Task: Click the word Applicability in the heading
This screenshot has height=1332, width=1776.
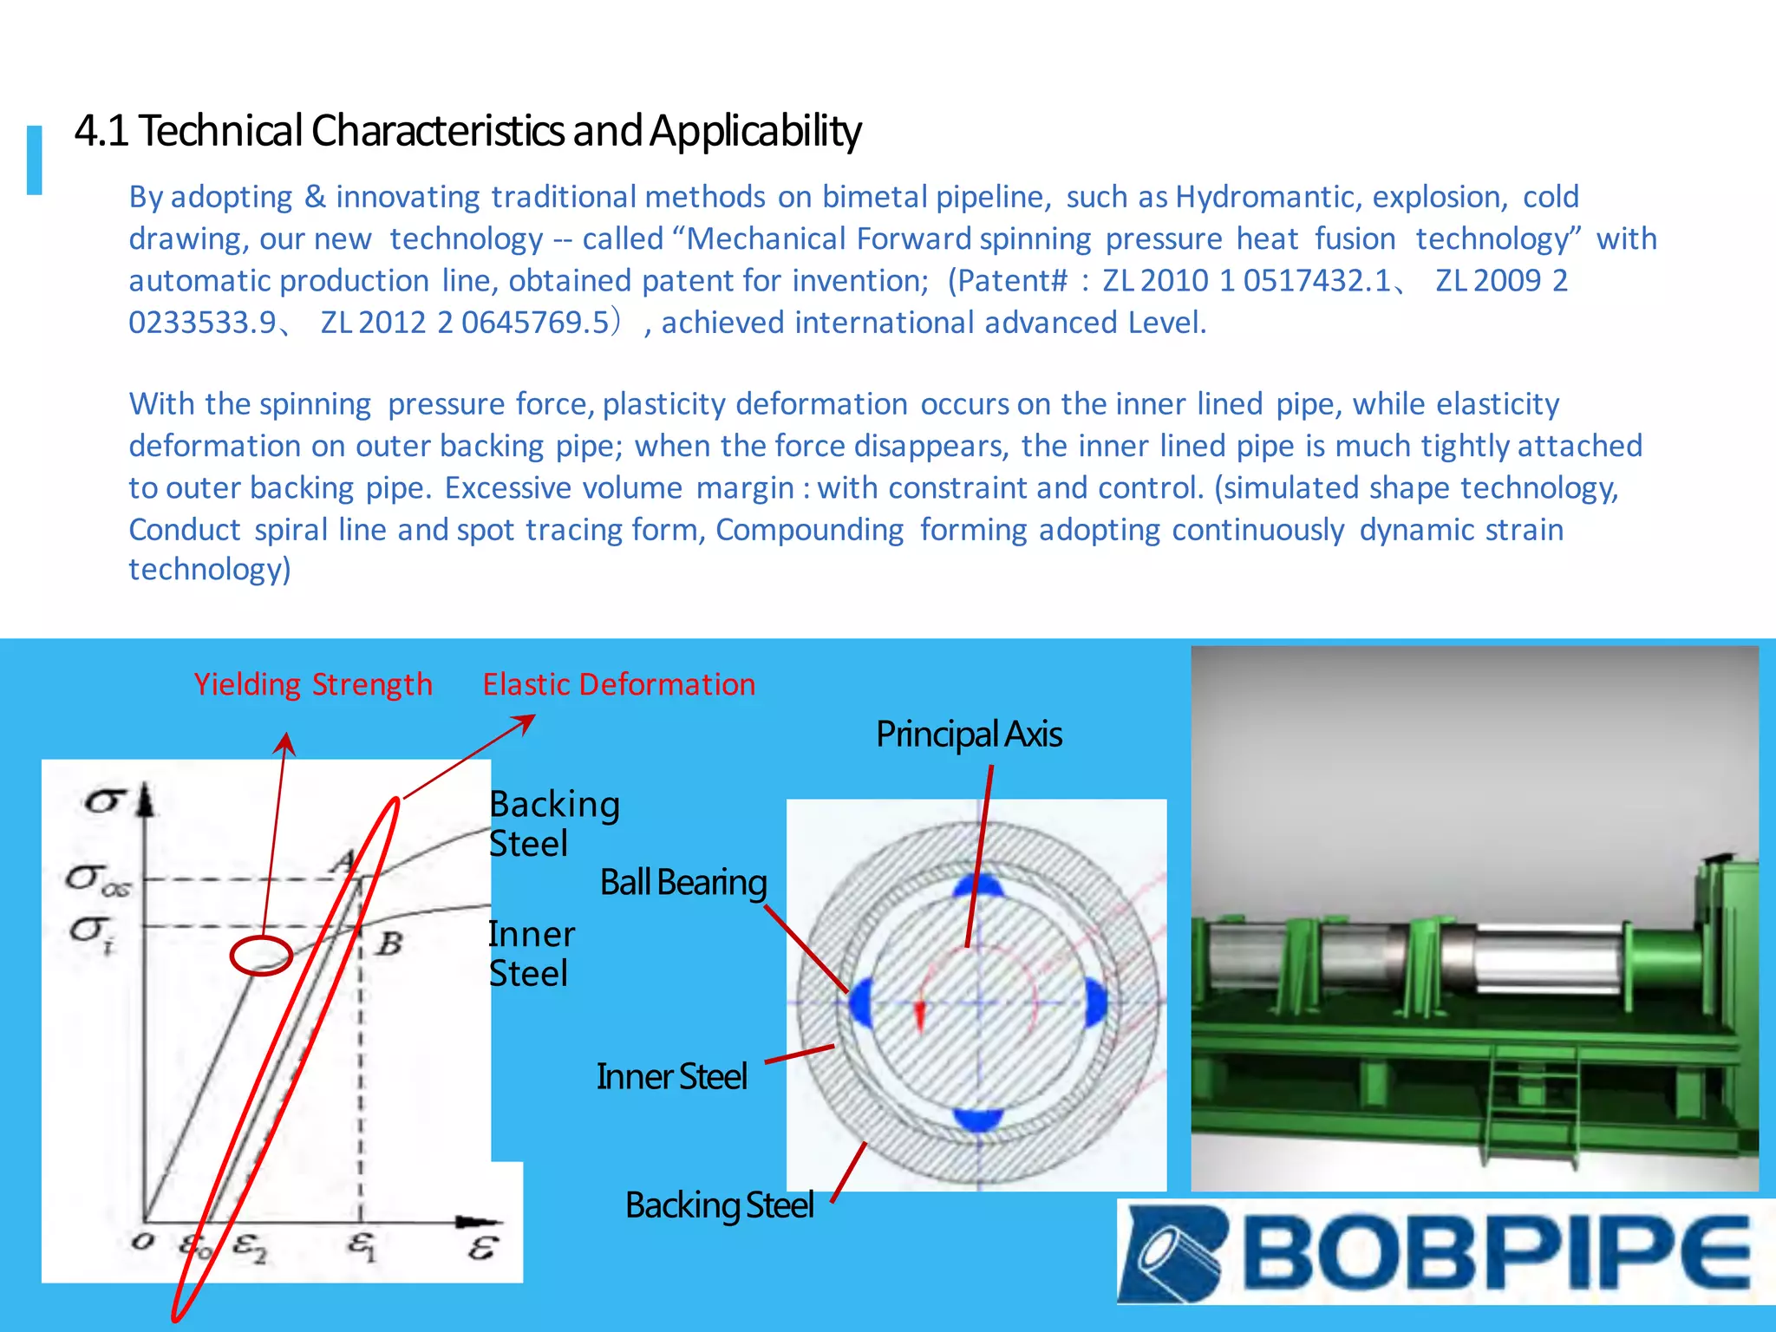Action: (754, 131)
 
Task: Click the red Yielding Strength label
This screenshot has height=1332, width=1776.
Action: (312, 684)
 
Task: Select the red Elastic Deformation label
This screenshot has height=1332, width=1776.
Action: (618, 684)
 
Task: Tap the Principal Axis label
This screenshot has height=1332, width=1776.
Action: (968, 735)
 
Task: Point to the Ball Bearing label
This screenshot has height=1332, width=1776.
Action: (682, 883)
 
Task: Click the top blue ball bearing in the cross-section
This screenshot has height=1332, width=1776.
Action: (978, 886)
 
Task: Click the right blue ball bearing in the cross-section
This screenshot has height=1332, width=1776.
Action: (1095, 1003)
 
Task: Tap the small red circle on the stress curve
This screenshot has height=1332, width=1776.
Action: (260, 956)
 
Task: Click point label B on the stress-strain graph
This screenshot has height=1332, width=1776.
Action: (390, 943)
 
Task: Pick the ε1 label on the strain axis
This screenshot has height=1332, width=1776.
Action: (362, 1246)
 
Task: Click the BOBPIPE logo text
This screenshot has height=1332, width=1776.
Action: (1496, 1252)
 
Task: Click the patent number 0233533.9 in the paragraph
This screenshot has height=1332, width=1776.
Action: (202, 323)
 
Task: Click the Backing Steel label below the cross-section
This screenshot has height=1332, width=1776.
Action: (719, 1205)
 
